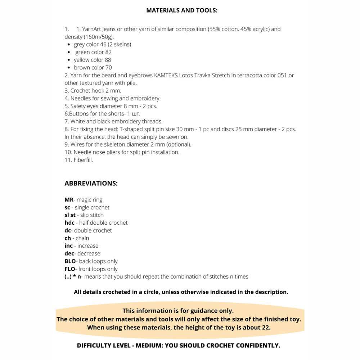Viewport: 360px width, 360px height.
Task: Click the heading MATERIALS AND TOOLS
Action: [182, 10]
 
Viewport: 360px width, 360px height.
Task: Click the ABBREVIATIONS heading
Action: [91, 183]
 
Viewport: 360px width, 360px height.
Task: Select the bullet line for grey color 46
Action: [102, 45]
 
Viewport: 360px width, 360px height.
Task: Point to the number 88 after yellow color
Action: [108, 60]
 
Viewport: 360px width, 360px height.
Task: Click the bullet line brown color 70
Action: [93, 68]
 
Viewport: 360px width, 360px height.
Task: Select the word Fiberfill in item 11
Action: [83, 160]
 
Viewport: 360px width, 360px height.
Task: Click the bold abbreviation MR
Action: [69, 200]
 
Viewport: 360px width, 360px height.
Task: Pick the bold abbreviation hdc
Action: [69, 223]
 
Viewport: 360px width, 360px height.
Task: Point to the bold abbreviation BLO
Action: [70, 261]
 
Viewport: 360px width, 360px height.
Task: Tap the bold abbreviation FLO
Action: [70, 269]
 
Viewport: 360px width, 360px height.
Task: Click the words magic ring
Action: [90, 200]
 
